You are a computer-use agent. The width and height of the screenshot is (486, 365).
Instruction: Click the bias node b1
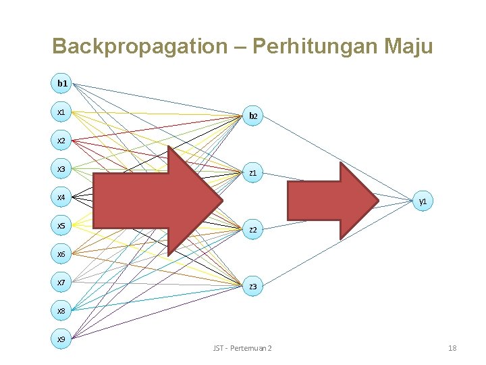tap(61, 83)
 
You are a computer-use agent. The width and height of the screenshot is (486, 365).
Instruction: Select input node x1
tap(61, 112)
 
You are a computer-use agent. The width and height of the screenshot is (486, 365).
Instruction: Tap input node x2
tap(61, 141)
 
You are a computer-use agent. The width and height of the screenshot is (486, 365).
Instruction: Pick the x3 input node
tap(61, 169)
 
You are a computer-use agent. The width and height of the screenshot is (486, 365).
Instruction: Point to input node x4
tap(61, 197)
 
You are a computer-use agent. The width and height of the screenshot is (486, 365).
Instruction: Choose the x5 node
tap(61, 226)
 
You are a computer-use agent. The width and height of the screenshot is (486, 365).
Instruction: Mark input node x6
tap(61, 254)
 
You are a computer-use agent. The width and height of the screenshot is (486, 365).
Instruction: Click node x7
tap(61, 283)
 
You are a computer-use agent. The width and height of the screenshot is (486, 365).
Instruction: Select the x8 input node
tap(61, 311)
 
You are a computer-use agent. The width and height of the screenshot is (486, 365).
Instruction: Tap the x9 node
tap(61, 339)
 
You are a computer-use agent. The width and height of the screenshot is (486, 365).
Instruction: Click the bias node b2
tap(252, 116)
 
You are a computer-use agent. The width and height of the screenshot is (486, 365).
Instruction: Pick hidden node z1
tap(252, 173)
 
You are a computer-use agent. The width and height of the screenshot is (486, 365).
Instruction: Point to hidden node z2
tap(252, 230)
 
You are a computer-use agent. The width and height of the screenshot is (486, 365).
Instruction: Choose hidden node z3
tap(252, 287)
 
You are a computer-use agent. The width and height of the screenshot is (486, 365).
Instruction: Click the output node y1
tap(423, 201)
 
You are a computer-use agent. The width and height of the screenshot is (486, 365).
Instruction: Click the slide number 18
tap(452, 347)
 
